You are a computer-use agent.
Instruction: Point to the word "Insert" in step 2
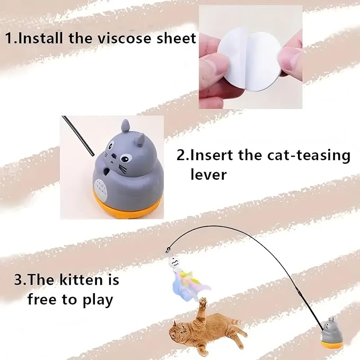[212, 155]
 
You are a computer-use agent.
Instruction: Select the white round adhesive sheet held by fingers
[249, 58]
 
